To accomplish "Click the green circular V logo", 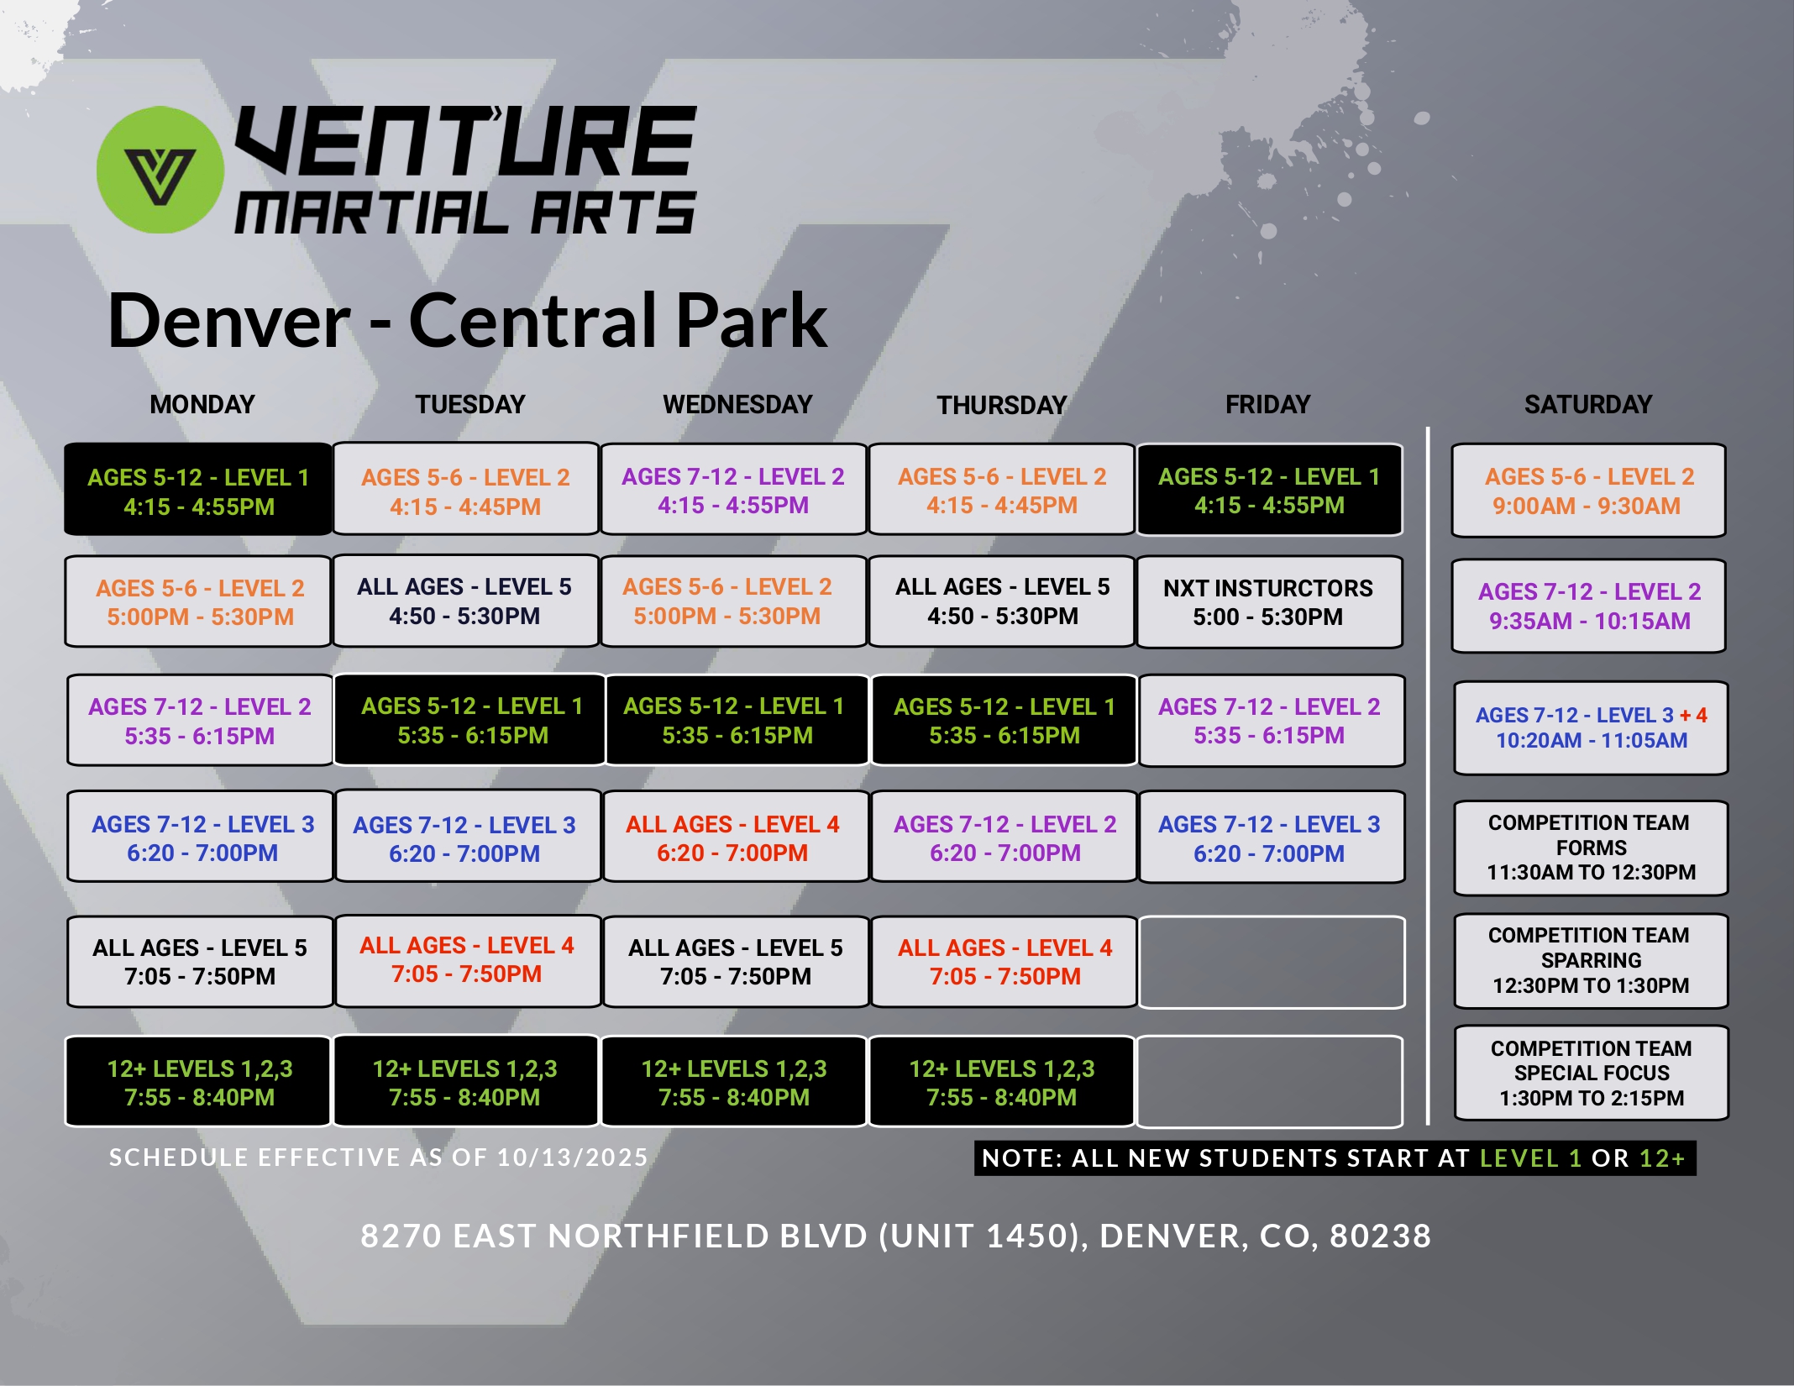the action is point(160,170).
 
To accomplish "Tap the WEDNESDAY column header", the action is point(737,405).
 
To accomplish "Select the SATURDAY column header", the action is point(1588,405).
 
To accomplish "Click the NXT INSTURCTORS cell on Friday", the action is point(1269,601).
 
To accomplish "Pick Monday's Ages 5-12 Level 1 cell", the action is point(198,490).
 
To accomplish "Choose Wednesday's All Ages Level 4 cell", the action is point(736,837).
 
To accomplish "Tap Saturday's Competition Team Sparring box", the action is point(1591,960).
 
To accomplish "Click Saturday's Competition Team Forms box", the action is point(1591,848).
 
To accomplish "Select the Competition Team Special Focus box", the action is point(1591,1073).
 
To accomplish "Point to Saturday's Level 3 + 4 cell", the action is point(1591,728).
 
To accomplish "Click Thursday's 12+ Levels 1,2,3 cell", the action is point(1001,1082).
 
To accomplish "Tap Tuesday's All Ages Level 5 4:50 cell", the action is point(465,601).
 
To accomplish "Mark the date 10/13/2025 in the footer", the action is point(572,1158).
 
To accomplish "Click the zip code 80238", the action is point(1381,1236).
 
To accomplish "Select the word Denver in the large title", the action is point(229,321).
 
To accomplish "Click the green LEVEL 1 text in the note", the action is point(1530,1158).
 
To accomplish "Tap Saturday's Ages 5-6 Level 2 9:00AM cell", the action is point(1588,491).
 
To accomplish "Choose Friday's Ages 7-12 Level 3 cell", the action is point(1271,837).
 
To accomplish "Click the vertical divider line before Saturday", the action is point(1428,776).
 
